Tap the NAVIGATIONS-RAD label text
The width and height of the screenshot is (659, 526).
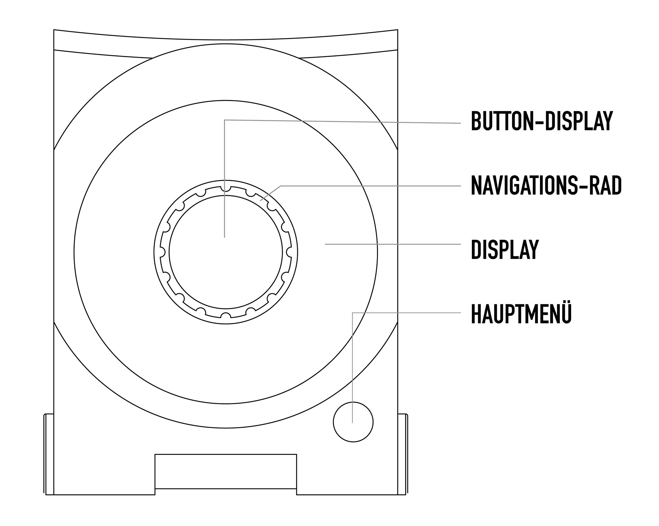click(546, 185)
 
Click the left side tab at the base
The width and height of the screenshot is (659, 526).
click(49, 454)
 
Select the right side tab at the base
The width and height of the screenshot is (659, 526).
click(403, 454)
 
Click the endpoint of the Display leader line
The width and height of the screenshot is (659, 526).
click(325, 244)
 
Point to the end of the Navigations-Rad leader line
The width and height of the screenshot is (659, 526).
click(260, 200)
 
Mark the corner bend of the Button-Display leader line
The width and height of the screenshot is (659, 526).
click(224, 120)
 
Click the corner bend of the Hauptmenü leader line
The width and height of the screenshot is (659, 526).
click(353, 313)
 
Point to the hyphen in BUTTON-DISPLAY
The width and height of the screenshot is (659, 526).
click(539, 121)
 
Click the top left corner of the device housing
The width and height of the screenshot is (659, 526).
click(54, 30)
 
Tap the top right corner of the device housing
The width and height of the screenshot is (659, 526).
click(398, 30)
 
